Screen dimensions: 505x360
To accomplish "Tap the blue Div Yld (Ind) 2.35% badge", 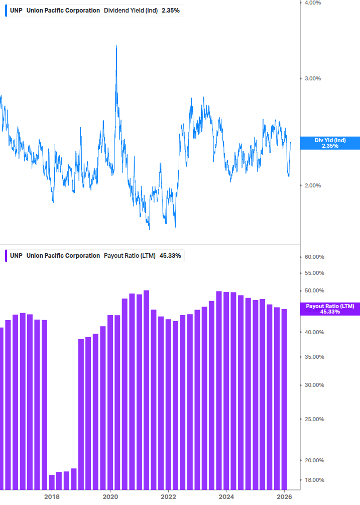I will (330, 143).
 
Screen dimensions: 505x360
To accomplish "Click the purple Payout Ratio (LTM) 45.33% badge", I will (330, 309).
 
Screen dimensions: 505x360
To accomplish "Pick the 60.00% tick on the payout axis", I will (314, 257).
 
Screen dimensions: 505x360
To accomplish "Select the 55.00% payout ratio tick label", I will (314, 273).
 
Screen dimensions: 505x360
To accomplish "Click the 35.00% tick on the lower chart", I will (314, 357).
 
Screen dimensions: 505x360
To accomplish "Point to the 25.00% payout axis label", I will (314, 420).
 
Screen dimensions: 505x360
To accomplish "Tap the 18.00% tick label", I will (314, 480).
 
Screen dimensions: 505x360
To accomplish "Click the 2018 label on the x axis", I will (51, 497).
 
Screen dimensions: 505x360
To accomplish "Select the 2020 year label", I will (110, 497).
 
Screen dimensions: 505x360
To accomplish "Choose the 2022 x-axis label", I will (168, 497).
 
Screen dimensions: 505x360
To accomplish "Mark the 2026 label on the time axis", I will (285, 497).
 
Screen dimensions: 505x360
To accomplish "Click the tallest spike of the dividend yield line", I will (116, 47).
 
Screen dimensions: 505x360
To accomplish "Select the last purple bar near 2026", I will (284, 399).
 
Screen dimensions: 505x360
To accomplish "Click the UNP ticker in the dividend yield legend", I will (16, 11).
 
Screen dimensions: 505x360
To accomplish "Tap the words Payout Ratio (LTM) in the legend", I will (130, 256).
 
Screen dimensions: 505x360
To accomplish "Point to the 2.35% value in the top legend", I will (170, 11).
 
